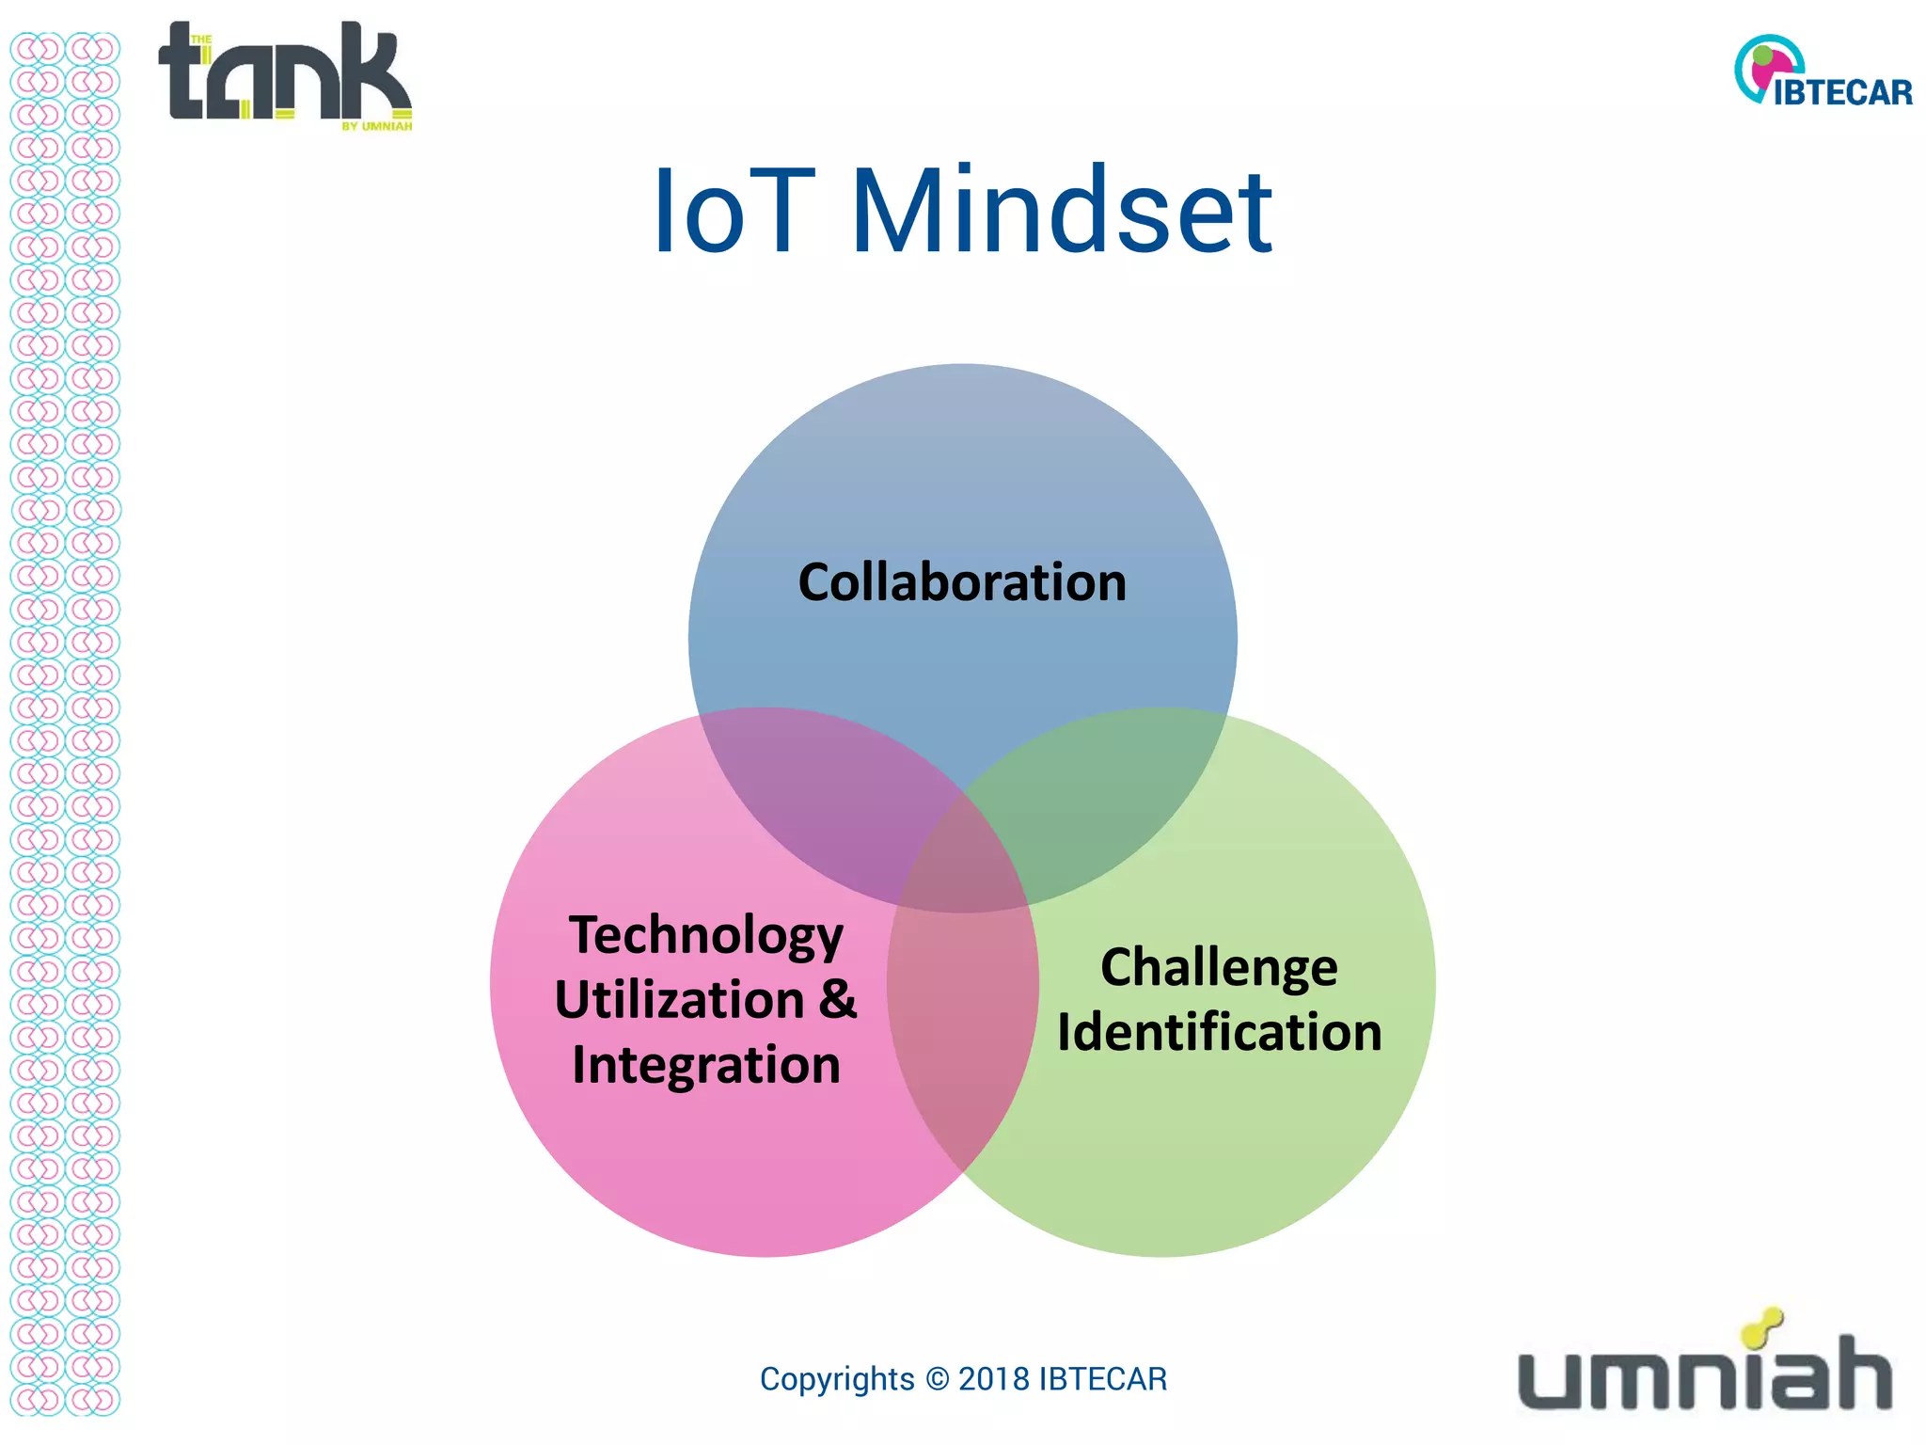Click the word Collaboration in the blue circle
tap(962, 582)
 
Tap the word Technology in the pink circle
tap(706, 936)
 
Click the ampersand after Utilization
tap(837, 999)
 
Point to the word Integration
tap(706, 1065)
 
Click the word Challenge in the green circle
tap(1219, 968)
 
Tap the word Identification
tap(1219, 1033)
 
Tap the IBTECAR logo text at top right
tap(1842, 92)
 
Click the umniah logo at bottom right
tap(1704, 1374)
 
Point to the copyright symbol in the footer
tap(937, 1379)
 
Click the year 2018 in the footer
tap(994, 1379)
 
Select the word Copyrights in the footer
tap(837, 1379)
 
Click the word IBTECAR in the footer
tap(1102, 1379)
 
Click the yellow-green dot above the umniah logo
tap(1760, 1328)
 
